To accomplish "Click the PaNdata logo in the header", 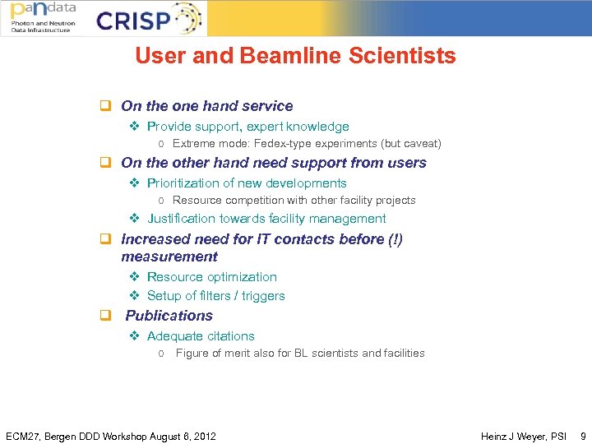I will pos(43,17).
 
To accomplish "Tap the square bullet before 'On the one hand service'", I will pos(105,106).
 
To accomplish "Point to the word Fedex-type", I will pos(284,144).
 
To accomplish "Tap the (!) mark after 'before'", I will pos(392,239).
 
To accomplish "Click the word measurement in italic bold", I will pos(169,257).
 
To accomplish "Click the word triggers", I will pos(263,296).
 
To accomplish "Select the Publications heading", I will pos(169,316).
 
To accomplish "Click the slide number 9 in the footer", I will pos(583,436).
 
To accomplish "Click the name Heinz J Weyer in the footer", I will pos(511,436).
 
